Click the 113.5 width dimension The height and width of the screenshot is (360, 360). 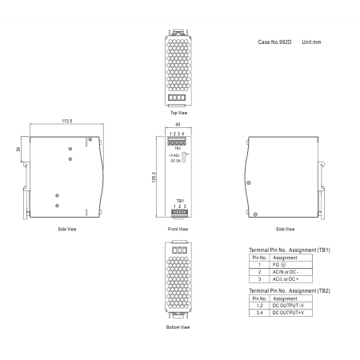pyautogui.click(x=67, y=121)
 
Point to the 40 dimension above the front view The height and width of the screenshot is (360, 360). pyautogui.click(x=178, y=124)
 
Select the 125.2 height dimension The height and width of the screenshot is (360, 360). pyautogui.click(x=154, y=177)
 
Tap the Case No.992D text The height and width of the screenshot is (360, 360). pyautogui.click(x=274, y=42)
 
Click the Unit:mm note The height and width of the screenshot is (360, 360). pyautogui.click(x=311, y=42)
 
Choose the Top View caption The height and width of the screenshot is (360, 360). pyautogui.click(x=178, y=113)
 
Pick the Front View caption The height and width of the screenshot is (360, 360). pyautogui.click(x=178, y=229)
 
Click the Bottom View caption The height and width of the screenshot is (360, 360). pyautogui.click(x=178, y=327)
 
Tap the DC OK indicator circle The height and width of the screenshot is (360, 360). pyautogui.click(x=183, y=161)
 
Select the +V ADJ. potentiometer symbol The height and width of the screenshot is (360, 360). pyautogui.click(x=184, y=154)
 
